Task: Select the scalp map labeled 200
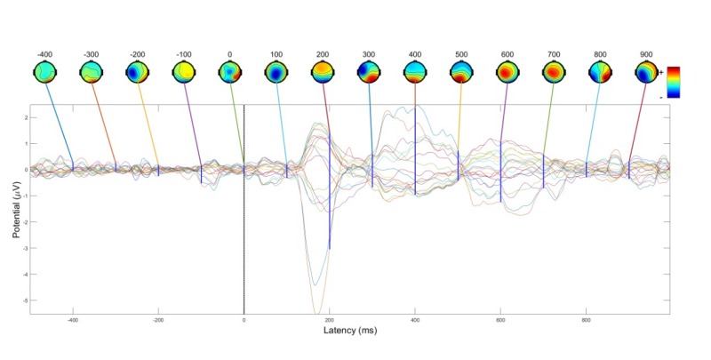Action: [x=322, y=71]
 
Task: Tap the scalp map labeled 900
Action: [x=645, y=71]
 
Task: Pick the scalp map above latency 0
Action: [x=229, y=71]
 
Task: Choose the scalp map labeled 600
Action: [x=507, y=71]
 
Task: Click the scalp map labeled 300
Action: [x=368, y=71]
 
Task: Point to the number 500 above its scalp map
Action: [x=460, y=54]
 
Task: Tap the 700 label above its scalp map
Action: [x=553, y=54]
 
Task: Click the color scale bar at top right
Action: [x=674, y=80]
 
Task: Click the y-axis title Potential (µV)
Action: [x=15, y=212]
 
